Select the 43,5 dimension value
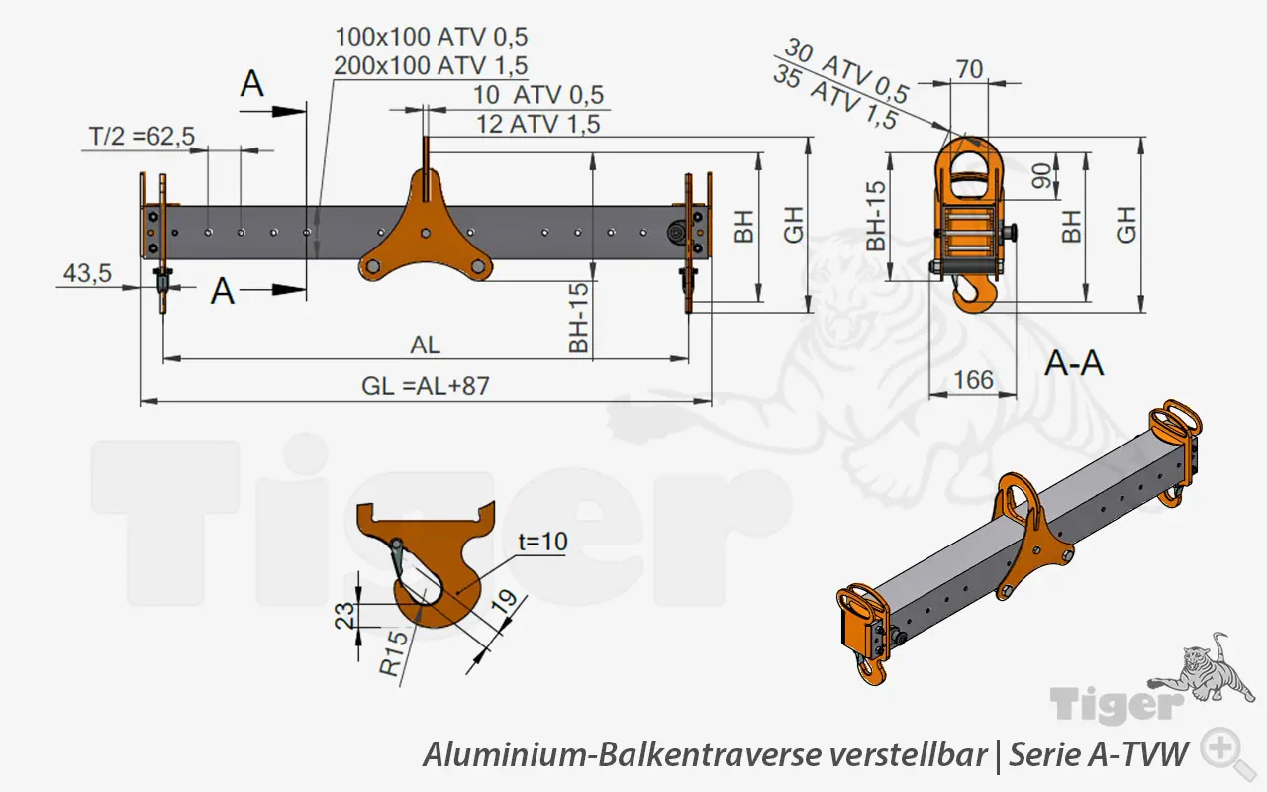[87, 274]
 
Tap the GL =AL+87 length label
[425, 386]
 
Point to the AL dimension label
[425, 346]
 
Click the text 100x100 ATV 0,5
[431, 38]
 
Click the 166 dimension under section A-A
[974, 379]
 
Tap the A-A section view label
[1074, 363]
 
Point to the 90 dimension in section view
[1040, 176]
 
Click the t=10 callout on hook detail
[542, 543]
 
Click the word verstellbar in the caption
[908, 755]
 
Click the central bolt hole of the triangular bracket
[425, 234]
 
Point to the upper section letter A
[253, 84]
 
